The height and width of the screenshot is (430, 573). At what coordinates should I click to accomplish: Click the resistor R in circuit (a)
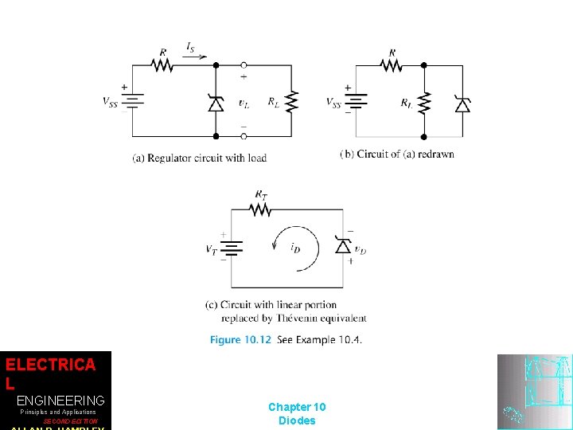pyautogui.click(x=162, y=65)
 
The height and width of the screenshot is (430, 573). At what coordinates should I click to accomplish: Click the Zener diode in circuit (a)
pyautogui.click(x=215, y=102)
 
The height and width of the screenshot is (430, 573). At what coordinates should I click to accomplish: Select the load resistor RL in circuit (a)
pyautogui.click(x=292, y=101)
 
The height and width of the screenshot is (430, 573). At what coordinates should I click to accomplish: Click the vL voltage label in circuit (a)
pyautogui.click(x=244, y=103)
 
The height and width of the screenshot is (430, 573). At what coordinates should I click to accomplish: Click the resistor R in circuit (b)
pyautogui.click(x=392, y=65)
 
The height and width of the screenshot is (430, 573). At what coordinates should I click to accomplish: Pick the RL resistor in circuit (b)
pyautogui.click(x=423, y=102)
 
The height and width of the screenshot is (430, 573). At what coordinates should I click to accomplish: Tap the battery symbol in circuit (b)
pyautogui.click(x=359, y=101)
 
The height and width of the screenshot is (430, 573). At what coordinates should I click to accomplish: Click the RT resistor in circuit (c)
pyautogui.click(x=260, y=209)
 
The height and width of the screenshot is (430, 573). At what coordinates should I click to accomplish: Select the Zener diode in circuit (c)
pyautogui.click(x=343, y=247)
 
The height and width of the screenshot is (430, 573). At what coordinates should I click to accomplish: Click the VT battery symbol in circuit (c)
pyautogui.click(x=232, y=248)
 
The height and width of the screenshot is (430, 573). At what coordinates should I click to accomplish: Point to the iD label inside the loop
pyautogui.click(x=294, y=248)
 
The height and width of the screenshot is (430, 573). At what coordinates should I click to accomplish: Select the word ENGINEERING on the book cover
pyautogui.click(x=60, y=401)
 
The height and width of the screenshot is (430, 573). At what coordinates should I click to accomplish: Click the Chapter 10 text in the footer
pyautogui.click(x=297, y=407)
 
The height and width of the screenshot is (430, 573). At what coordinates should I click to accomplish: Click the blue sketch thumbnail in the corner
pyautogui.click(x=534, y=391)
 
